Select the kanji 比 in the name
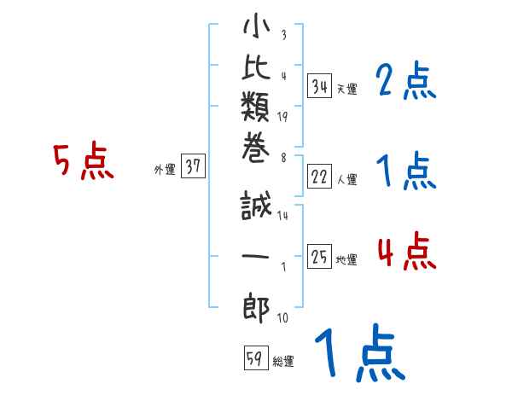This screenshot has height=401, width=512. coord(256,72)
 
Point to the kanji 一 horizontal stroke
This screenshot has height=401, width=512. coord(256,257)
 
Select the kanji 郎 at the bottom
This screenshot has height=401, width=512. coord(256,308)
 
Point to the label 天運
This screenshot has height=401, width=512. coord(347,89)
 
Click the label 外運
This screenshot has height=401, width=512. coord(165,170)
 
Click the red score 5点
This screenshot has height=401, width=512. coord(83,162)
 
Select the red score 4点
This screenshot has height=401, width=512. coord(406,252)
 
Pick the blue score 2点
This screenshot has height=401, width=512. coord(406,82)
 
